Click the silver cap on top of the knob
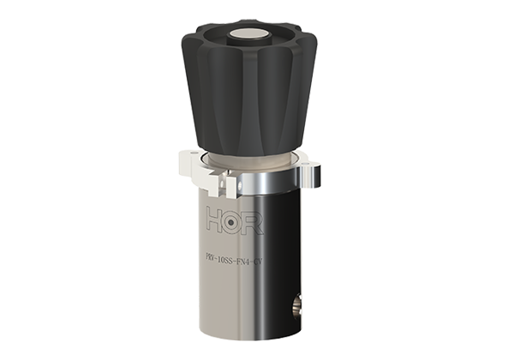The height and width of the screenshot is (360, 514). coord(249,35)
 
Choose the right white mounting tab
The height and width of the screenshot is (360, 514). coord(309,158)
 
